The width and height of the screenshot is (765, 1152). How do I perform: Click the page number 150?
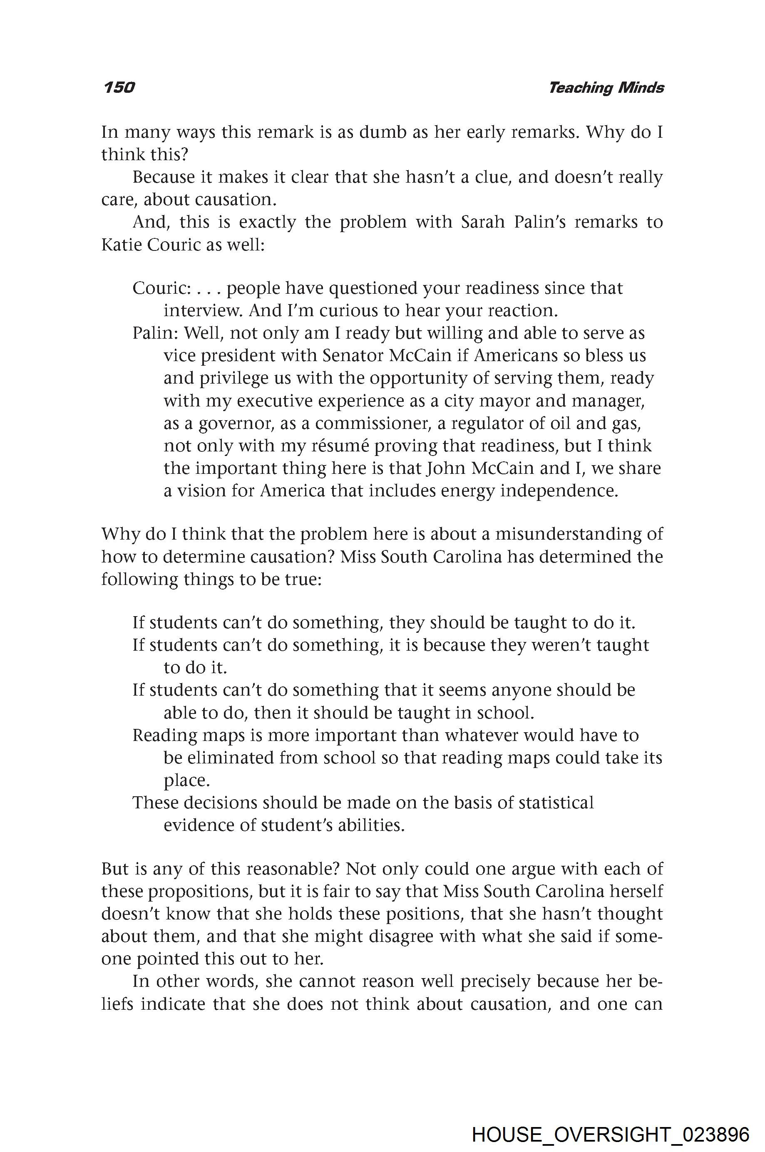pos(119,88)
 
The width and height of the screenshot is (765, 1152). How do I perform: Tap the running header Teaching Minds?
pos(606,88)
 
